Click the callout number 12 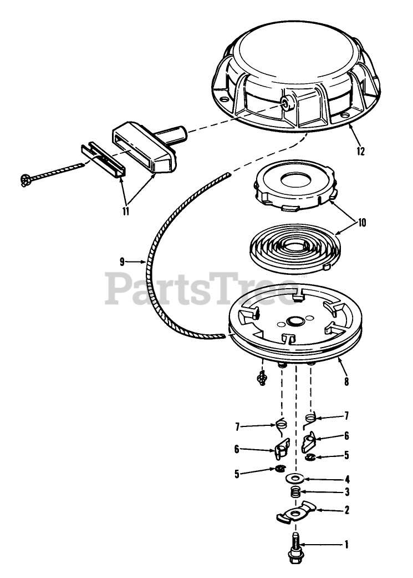point(361,150)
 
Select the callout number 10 point(361,223)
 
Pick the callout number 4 point(346,479)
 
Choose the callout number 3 point(346,492)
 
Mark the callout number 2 point(346,509)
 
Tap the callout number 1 point(346,545)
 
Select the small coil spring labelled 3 point(296,492)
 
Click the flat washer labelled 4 point(293,478)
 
